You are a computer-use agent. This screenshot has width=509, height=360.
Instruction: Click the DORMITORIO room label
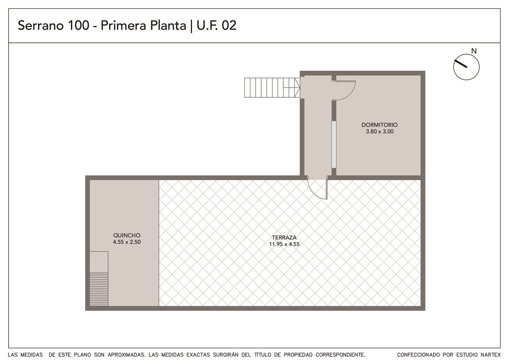(x=379, y=125)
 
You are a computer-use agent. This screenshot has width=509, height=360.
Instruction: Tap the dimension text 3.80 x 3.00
(x=379, y=131)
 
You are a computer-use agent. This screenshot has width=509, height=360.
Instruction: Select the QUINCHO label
(x=127, y=235)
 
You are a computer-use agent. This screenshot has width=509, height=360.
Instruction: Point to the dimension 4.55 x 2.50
(x=127, y=242)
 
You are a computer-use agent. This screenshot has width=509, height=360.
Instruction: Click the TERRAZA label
(x=284, y=237)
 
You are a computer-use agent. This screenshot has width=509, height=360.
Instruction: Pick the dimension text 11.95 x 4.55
(x=284, y=244)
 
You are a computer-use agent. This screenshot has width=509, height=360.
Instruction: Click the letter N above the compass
(x=474, y=51)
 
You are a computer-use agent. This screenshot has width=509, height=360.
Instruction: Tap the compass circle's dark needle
(x=460, y=64)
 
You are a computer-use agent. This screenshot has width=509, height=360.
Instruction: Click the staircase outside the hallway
(x=272, y=88)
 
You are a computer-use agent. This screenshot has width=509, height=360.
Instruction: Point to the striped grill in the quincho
(x=99, y=289)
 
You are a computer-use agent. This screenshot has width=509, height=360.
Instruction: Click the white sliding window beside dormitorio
(x=334, y=144)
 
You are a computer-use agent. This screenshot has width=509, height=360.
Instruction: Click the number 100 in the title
(x=79, y=25)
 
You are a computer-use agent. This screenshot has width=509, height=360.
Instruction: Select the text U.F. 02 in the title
(x=216, y=25)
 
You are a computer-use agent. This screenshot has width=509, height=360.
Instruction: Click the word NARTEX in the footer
(x=491, y=355)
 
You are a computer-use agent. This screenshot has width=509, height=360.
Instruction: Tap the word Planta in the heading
(x=168, y=25)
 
